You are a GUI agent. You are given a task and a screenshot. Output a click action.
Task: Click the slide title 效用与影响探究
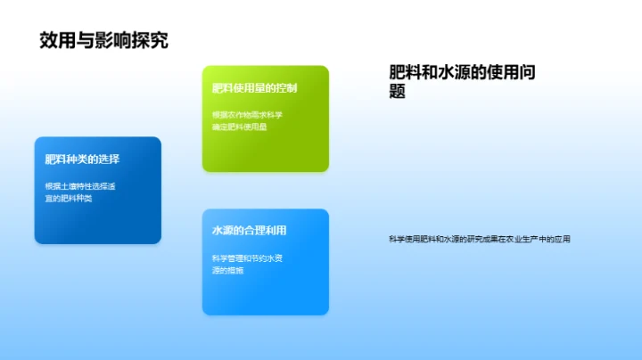click(104, 40)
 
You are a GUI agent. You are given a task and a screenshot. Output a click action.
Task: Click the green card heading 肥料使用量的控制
click(255, 88)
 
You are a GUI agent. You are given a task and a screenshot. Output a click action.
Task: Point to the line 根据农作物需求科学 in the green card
click(247, 114)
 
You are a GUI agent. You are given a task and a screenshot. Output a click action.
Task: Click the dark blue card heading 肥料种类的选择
click(83, 160)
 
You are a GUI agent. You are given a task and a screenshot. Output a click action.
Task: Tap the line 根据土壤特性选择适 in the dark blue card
click(80, 185)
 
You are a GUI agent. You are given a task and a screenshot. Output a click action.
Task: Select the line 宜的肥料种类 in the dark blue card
click(69, 198)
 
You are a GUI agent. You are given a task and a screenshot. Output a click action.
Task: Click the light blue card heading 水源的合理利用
click(249, 231)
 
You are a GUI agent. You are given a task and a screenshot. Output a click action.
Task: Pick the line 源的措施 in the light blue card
click(228, 270)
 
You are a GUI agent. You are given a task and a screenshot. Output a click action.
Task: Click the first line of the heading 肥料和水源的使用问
click(464, 73)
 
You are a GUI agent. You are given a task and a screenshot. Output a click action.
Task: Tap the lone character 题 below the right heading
click(399, 92)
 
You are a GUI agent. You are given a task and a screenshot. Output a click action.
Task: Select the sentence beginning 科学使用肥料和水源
click(479, 239)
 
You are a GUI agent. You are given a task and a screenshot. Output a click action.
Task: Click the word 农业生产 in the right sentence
click(518, 239)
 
